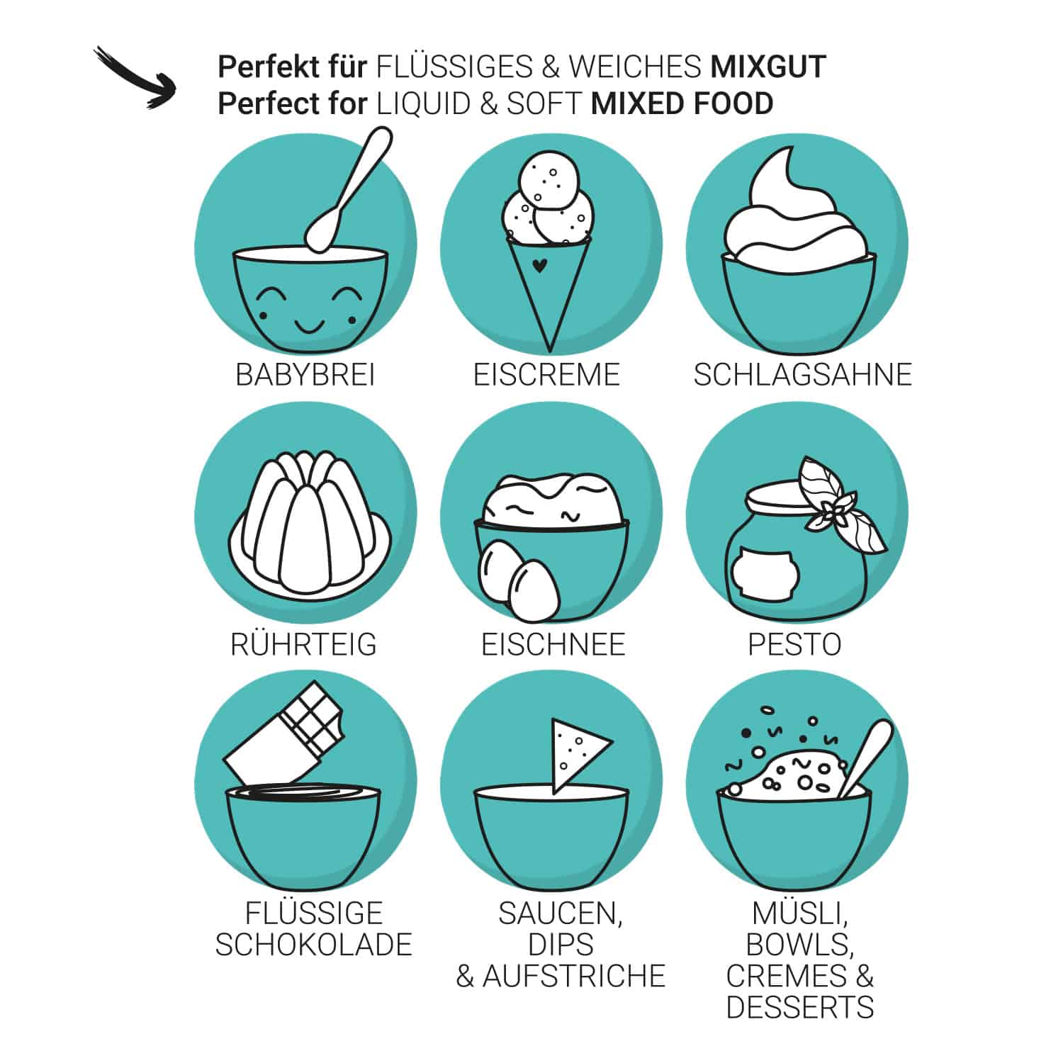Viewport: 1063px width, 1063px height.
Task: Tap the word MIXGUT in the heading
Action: click(x=768, y=67)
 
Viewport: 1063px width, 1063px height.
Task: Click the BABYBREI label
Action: click(x=305, y=375)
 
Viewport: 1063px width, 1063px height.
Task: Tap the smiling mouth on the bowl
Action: click(x=310, y=325)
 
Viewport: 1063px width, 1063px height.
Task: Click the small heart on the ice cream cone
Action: click(x=539, y=266)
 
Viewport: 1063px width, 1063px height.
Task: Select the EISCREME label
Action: click(x=546, y=375)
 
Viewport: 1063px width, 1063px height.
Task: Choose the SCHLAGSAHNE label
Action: click(x=802, y=375)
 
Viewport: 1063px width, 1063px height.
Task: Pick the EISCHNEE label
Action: click(x=553, y=644)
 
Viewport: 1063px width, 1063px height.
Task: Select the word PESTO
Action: click(x=794, y=644)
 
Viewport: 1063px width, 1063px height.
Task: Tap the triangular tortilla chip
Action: click(x=577, y=755)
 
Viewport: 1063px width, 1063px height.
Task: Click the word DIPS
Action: click(x=561, y=945)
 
